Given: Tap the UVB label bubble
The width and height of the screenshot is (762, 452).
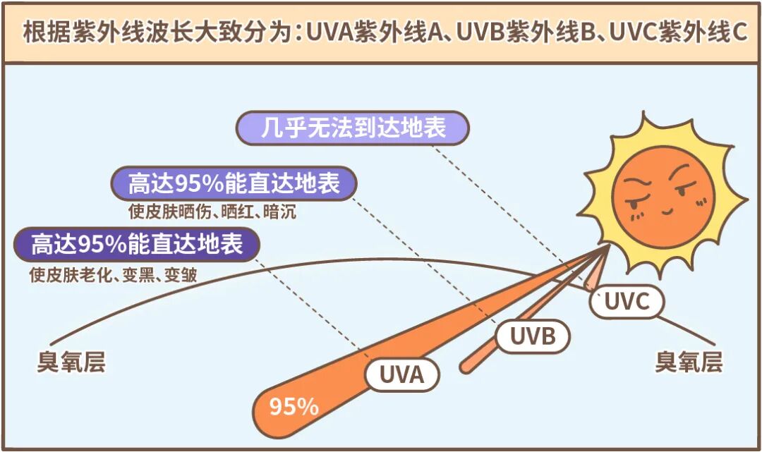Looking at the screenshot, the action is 533,336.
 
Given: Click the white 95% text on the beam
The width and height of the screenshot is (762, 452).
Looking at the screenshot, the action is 294,407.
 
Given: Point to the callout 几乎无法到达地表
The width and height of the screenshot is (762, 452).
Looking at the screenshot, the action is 353,128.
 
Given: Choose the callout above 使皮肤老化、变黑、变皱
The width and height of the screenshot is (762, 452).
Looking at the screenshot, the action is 137,245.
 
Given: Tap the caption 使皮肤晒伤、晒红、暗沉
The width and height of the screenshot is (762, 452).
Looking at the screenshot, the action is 212,212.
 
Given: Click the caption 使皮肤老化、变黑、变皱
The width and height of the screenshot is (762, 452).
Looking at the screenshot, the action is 113,275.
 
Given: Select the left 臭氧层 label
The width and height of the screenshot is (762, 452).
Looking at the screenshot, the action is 71,363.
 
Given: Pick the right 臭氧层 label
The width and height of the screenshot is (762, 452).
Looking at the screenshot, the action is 688,362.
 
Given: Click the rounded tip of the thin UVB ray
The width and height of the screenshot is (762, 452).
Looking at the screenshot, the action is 465,367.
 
